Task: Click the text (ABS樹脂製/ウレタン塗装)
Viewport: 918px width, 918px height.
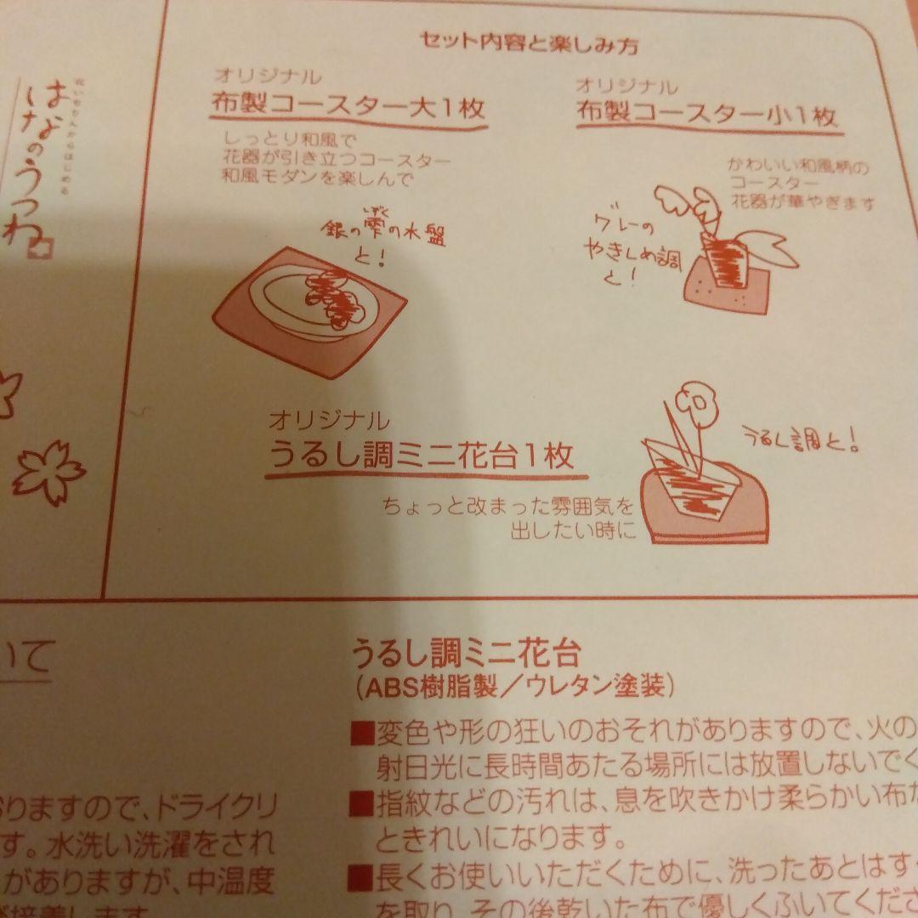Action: tap(513, 687)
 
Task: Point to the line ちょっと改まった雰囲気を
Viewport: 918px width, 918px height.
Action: tap(507, 507)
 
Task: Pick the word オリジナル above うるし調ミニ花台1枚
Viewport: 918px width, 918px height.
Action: tap(328, 420)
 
